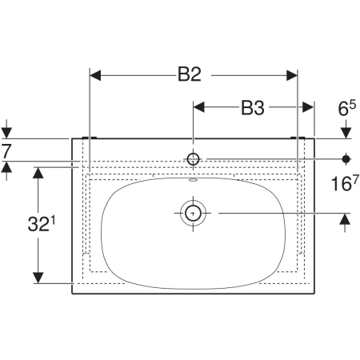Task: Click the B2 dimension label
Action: click(190, 74)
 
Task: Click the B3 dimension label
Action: click(253, 108)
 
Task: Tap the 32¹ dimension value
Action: click(42, 224)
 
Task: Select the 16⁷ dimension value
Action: click(345, 183)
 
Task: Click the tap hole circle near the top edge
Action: click(193, 159)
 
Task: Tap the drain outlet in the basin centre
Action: click(193, 213)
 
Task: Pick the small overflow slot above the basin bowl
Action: click(193, 180)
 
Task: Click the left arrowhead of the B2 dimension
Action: click(95, 75)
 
